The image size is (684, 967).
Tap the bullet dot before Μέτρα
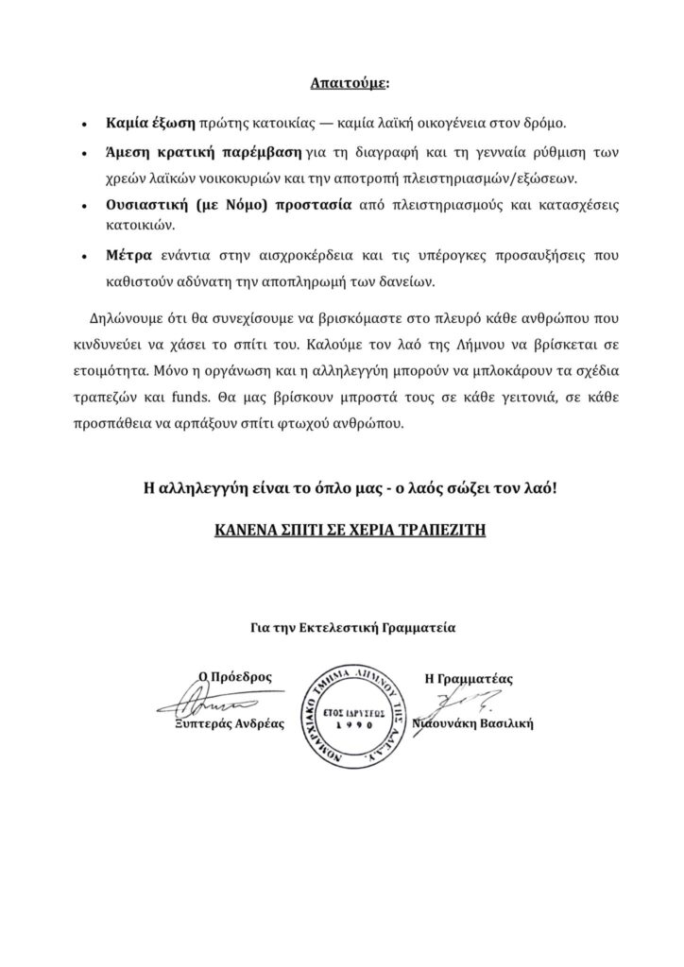click(86, 256)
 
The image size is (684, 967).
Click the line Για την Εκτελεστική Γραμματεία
click(341, 625)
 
